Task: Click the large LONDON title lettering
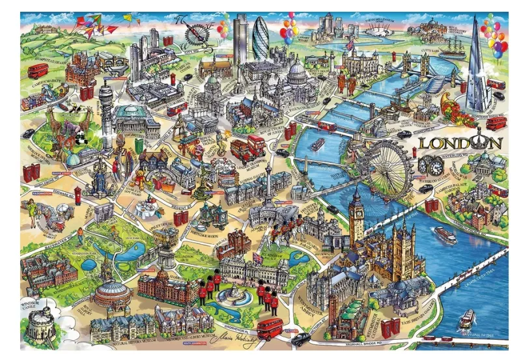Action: pos(460,143)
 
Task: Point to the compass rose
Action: pos(195,31)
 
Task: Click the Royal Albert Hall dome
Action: pos(111,286)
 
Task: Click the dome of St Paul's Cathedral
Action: pos(297,69)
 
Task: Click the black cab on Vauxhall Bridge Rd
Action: pos(300,339)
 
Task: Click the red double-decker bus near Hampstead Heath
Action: pos(38,70)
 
